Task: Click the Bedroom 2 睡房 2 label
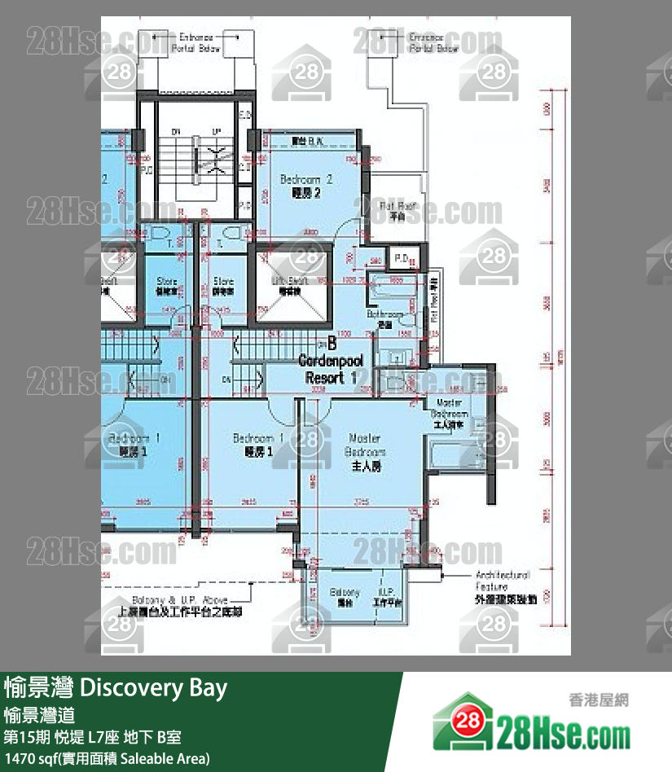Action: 306,186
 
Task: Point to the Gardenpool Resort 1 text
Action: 331,369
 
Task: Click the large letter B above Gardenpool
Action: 332,344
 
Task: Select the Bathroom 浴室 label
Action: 384,317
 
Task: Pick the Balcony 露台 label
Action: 345,597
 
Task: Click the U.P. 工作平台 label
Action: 387,597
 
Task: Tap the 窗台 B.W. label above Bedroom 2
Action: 308,141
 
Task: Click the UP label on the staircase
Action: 216,131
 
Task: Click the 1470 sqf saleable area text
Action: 107,759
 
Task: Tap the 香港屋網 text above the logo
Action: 599,699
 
